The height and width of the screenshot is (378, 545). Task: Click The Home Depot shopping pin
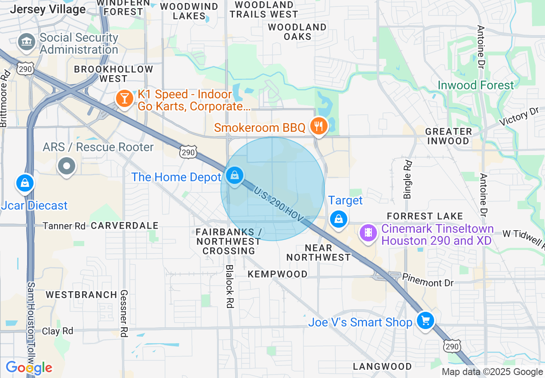(x=235, y=175)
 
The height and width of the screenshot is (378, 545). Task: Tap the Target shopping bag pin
(x=339, y=219)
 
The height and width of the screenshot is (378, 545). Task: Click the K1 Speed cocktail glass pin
(x=125, y=99)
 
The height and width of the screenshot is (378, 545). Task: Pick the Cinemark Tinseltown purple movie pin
(x=368, y=233)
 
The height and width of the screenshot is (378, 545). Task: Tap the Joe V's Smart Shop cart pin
(x=426, y=320)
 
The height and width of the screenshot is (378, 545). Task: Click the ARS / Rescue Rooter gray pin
(x=67, y=166)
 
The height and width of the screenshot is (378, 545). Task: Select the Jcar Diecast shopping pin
(x=25, y=183)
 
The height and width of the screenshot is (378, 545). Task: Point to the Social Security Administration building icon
(x=27, y=42)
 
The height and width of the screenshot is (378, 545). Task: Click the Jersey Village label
(x=48, y=9)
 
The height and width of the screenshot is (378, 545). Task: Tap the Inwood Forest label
(x=475, y=85)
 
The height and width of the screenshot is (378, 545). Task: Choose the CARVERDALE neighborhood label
(x=125, y=226)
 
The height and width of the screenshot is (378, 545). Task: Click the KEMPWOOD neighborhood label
(x=277, y=274)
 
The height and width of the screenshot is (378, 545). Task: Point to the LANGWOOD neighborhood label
(x=382, y=366)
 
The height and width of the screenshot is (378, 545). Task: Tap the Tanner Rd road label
(x=64, y=226)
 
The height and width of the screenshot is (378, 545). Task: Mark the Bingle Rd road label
(x=407, y=179)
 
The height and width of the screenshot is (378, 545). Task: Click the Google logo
(x=29, y=368)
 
